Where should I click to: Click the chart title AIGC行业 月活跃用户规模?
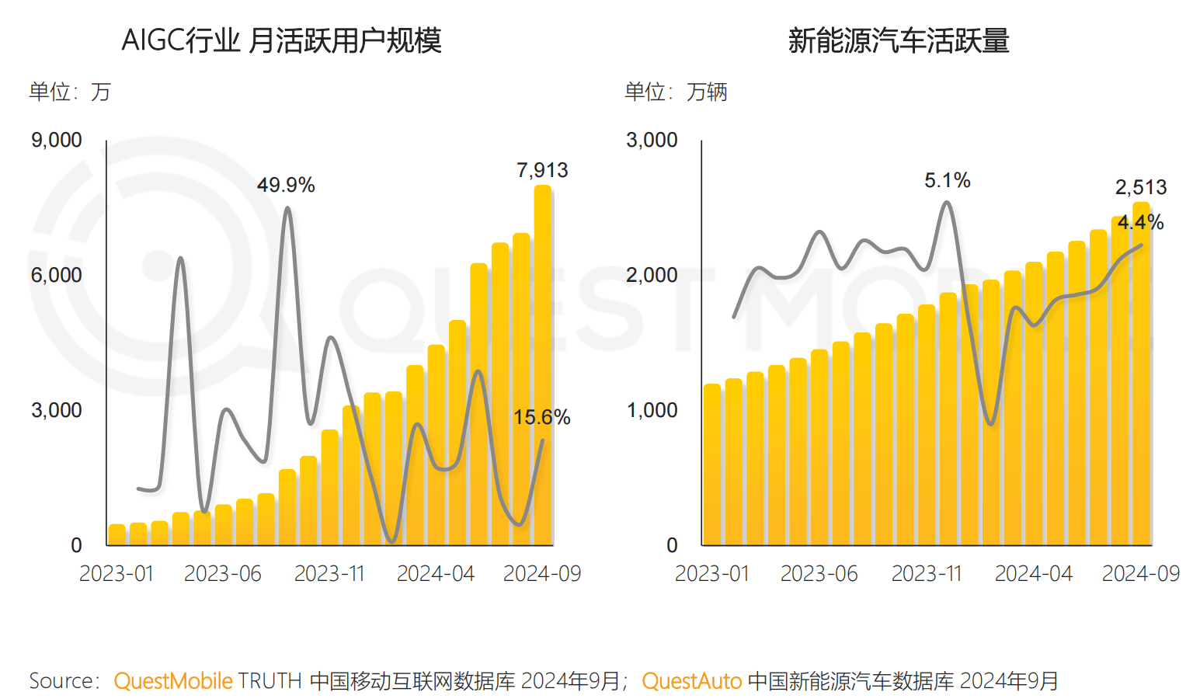click(x=281, y=40)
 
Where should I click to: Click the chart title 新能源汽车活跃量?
click(x=899, y=40)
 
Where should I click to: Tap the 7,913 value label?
click(x=542, y=170)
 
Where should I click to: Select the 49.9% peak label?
click(x=286, y=185)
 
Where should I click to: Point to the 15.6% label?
click(x=541, y=417)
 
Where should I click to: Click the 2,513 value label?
click(x=1141, y=187)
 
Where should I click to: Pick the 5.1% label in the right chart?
click(x=947, y=180)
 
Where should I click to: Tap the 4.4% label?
click(x=1140, y=222)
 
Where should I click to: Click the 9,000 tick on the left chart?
click(x=56, y=140)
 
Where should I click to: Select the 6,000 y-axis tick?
click(x=56, y=275)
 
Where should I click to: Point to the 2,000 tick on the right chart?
click(x=652, y=275)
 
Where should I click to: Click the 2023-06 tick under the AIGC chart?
click(x=223, y=574)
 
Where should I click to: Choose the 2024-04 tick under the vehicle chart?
click(x=1033, y=574)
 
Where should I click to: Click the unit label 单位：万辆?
click(x=676, y=92)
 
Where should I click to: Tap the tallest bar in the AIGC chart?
click(x=542, y=365)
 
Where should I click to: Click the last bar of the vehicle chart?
click(x=1141, y=373)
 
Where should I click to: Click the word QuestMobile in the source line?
click(x=172, y=681)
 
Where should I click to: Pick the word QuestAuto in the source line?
click(x=691, y=681)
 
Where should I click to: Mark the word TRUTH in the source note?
click(x=270, y=681)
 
